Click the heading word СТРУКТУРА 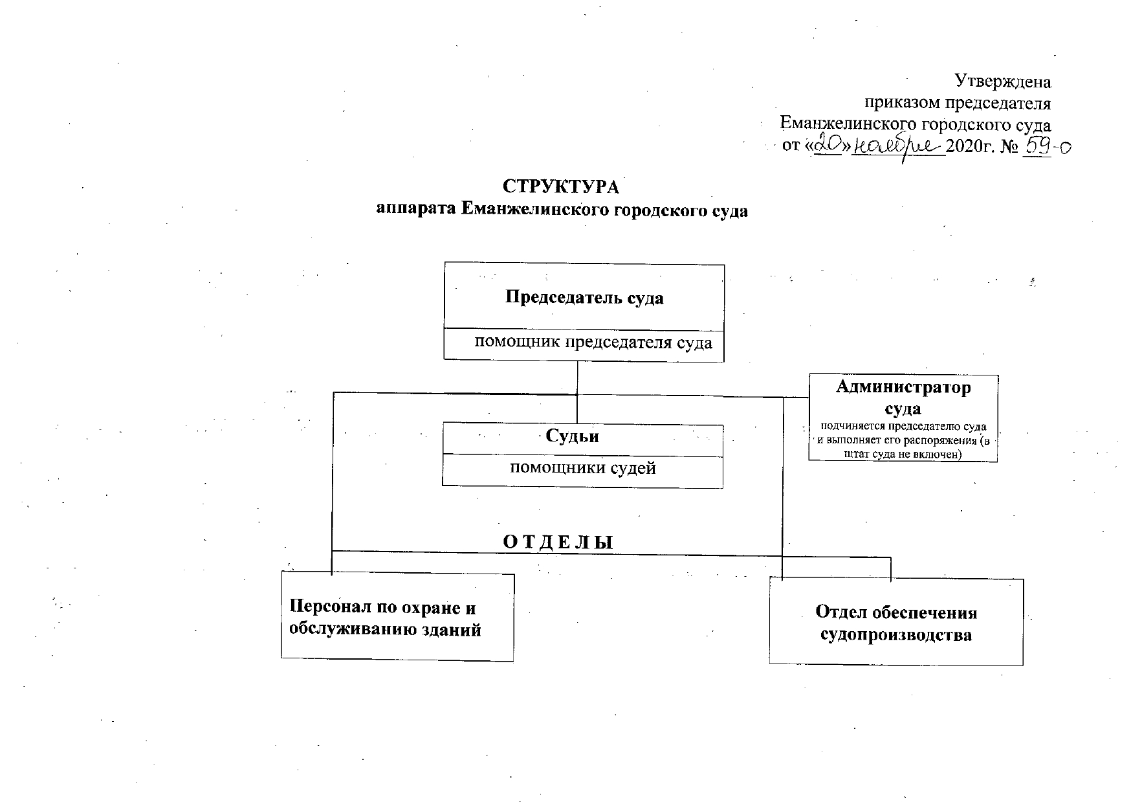[x=561, y=187]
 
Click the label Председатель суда [x=584, y=298]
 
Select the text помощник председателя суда [x=593, y=343]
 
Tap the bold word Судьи [x=572, y=436]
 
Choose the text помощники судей [x=583, y=468]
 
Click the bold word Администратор [x=903, y=388]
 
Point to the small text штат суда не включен [x=903, y=454]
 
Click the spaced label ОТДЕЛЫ [x=558, y=542]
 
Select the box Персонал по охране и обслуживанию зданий [x=397, y=618]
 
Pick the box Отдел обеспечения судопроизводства [x=896, y=623]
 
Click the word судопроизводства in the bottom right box [x=896, y=635]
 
